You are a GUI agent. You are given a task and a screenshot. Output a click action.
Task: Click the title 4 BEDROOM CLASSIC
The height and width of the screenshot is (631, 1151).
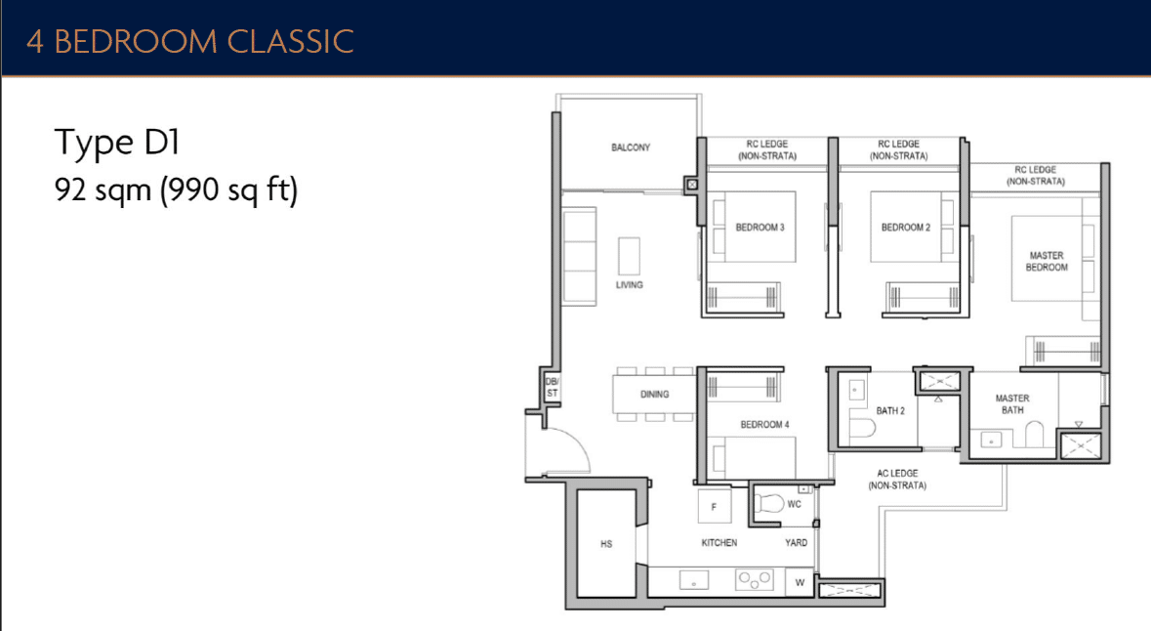point(189,41)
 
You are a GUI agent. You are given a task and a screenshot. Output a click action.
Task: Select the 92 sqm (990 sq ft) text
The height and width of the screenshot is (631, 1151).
point(176,189)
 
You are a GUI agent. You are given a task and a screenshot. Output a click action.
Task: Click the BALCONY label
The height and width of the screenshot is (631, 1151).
point(631,147)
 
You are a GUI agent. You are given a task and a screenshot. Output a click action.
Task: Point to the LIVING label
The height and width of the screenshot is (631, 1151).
point(630,285)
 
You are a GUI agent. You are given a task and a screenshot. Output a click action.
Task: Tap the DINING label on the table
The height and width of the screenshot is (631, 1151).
point(654,395)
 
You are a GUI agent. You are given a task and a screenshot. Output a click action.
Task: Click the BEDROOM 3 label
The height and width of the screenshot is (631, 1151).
point(760,228)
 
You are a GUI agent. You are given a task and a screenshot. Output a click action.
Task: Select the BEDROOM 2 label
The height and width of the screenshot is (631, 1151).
point(905,228)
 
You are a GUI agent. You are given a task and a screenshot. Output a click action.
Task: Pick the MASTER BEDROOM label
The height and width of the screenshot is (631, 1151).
point(1047,262)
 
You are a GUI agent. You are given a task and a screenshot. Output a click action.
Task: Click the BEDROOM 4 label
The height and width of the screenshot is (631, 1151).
point(764,425)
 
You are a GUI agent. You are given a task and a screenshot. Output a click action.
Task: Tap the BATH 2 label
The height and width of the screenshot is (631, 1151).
point(889,410)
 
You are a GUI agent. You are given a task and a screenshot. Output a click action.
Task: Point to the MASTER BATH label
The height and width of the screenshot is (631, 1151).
point(1012,404)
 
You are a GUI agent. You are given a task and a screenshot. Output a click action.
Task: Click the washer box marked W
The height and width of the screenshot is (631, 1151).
point(800,583)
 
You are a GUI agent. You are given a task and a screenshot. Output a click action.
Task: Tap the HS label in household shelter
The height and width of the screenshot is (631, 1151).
point(606,544)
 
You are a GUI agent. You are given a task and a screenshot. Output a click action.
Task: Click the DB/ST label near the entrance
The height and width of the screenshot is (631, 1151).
point(552,387)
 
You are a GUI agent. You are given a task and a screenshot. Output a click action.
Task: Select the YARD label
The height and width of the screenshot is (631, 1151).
point(797,542)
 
